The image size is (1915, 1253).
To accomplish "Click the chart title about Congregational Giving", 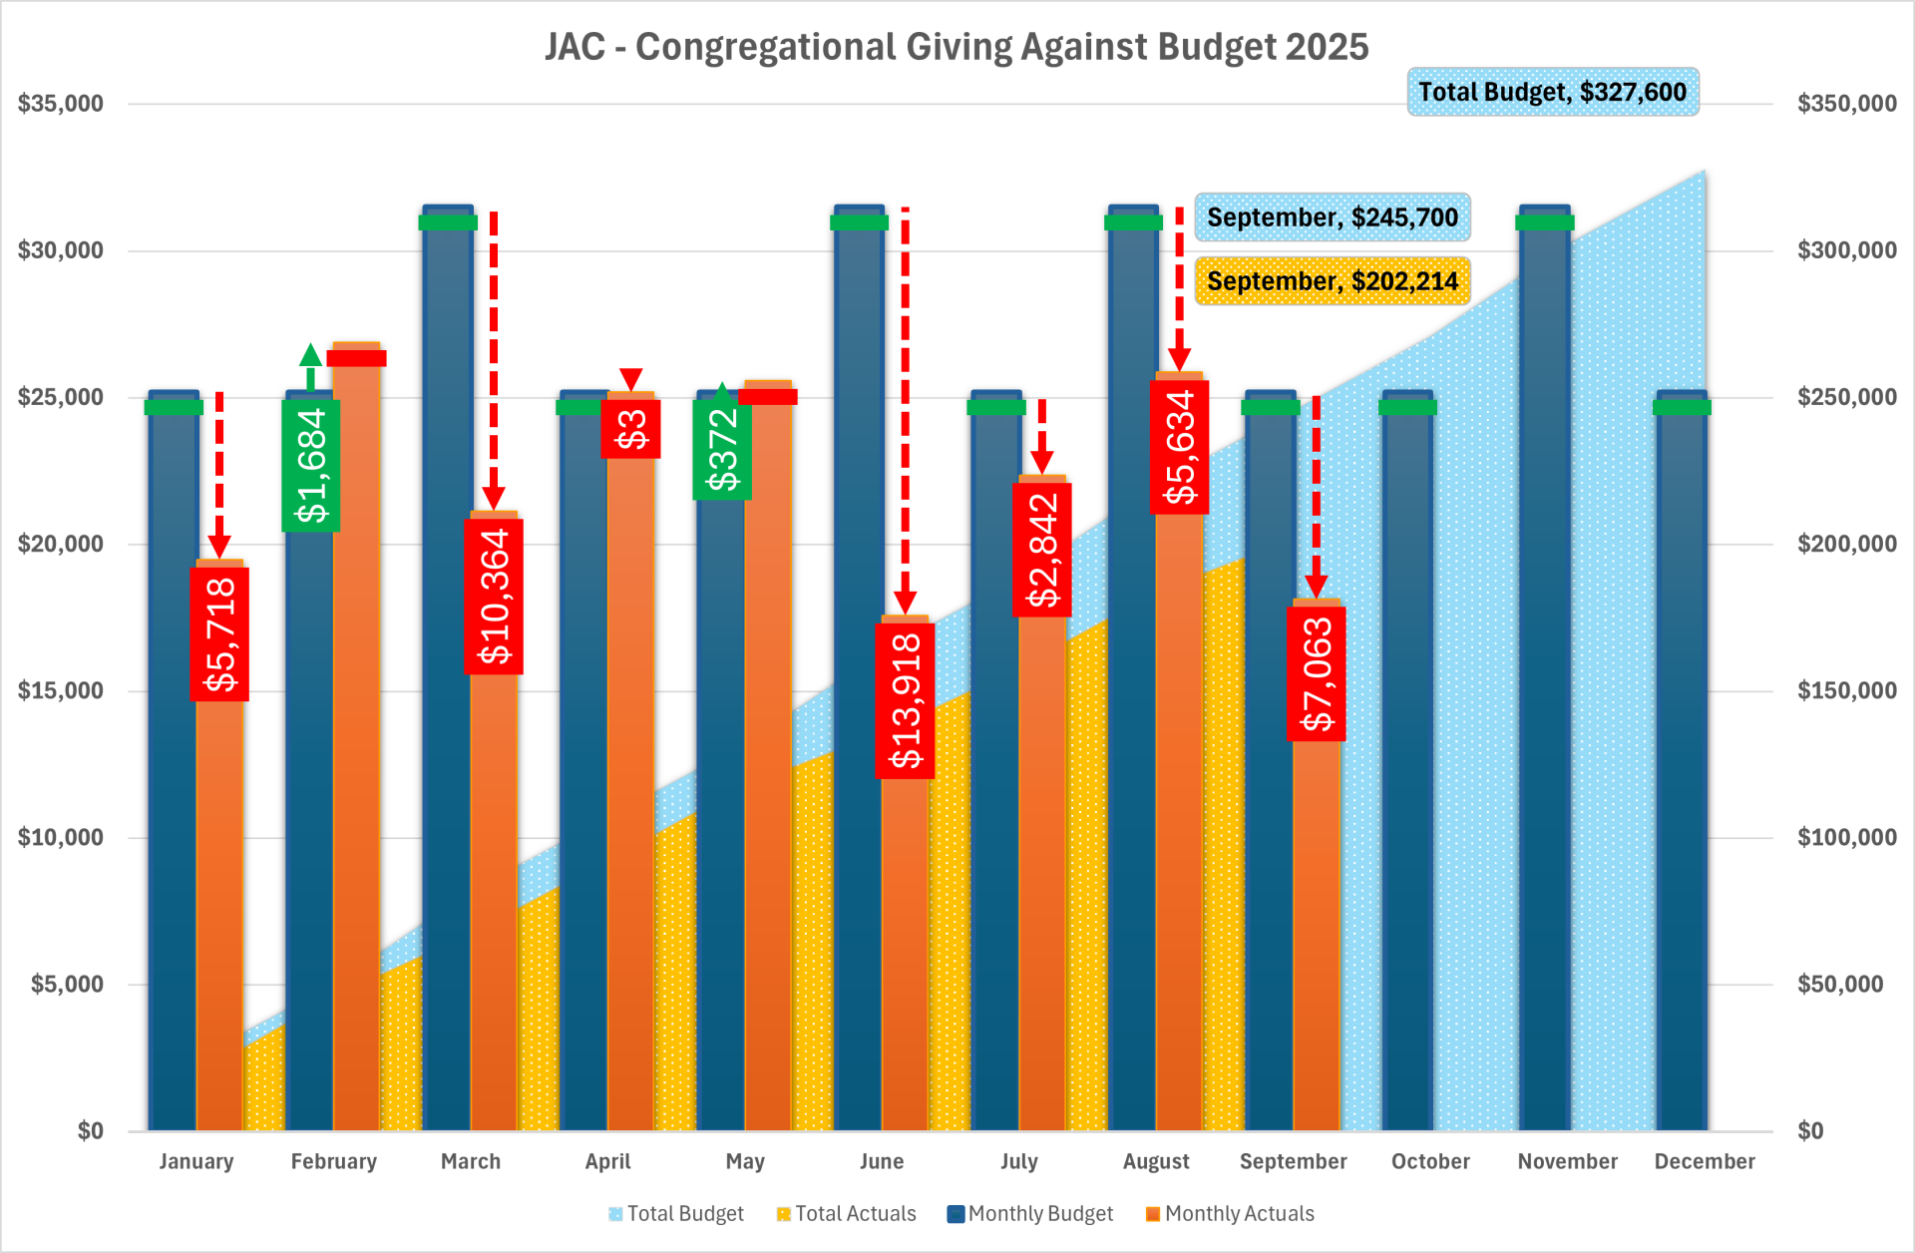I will (957, 47).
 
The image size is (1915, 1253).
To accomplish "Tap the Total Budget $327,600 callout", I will (1552, 92).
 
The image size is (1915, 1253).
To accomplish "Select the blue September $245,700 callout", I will (1333, 217).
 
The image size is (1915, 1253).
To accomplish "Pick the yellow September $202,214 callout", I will (1333, 281).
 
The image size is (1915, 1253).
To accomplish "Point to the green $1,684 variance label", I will (311, 465).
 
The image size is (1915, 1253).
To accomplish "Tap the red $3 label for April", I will (630, 429).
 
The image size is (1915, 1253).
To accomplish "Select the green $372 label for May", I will (722, 449).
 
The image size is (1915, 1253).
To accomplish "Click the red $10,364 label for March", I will (494, 596).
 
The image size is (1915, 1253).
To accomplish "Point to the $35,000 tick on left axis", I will (61, 104).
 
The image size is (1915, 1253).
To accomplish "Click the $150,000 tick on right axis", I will (1846, 690).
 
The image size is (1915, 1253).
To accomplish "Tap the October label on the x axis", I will (1430, 1161).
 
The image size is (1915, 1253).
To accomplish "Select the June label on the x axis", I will (882, 1161).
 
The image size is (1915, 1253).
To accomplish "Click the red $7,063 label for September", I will (1317, 673).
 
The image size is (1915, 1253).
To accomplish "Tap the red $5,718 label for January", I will (219, 633).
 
